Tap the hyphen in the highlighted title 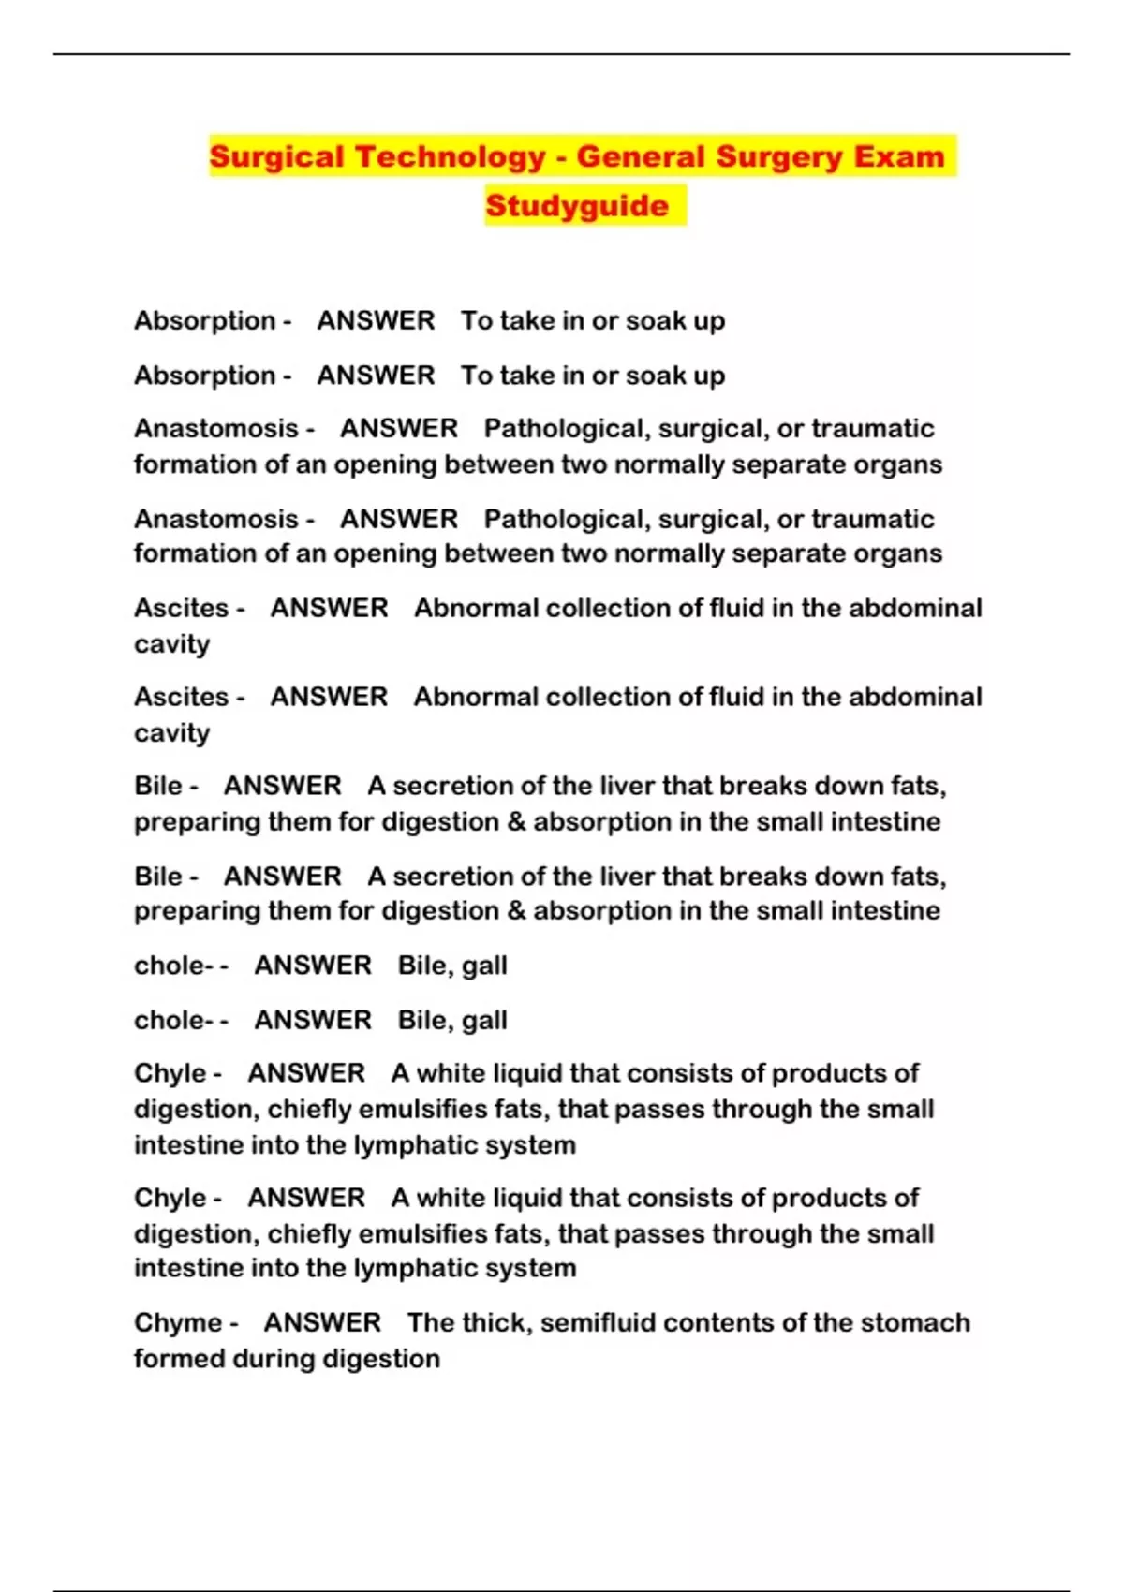click(x=560, y=157)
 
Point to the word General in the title click(x=640, y=156)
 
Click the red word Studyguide click(x=577, y=206)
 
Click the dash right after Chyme click(x=234, y=1324)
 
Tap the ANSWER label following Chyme click(x=322, y=1323)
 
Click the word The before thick click(x=431, y=1323)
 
